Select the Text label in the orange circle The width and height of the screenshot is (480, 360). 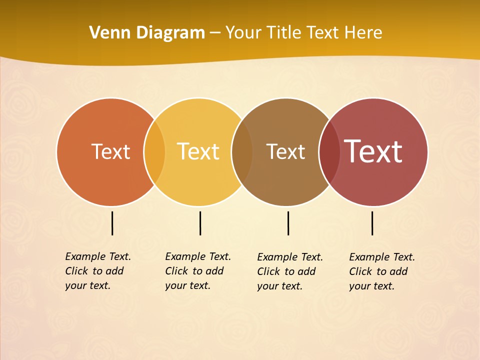tap(110, 151)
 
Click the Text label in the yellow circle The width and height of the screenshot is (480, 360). tap(198, 151)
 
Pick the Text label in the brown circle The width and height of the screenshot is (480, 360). tap(285, 151)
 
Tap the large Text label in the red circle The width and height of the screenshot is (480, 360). tap(373, 151)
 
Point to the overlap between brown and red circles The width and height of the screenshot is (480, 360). tap(329, 151)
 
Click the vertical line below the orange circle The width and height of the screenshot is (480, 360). tap(112, 223)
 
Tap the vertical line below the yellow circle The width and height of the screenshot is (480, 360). tap(200, 223)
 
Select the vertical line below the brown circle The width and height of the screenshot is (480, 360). tap(288, 223)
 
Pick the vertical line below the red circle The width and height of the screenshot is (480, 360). tap(372, 223)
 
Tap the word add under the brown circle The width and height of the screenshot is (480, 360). tap(306, 271)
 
